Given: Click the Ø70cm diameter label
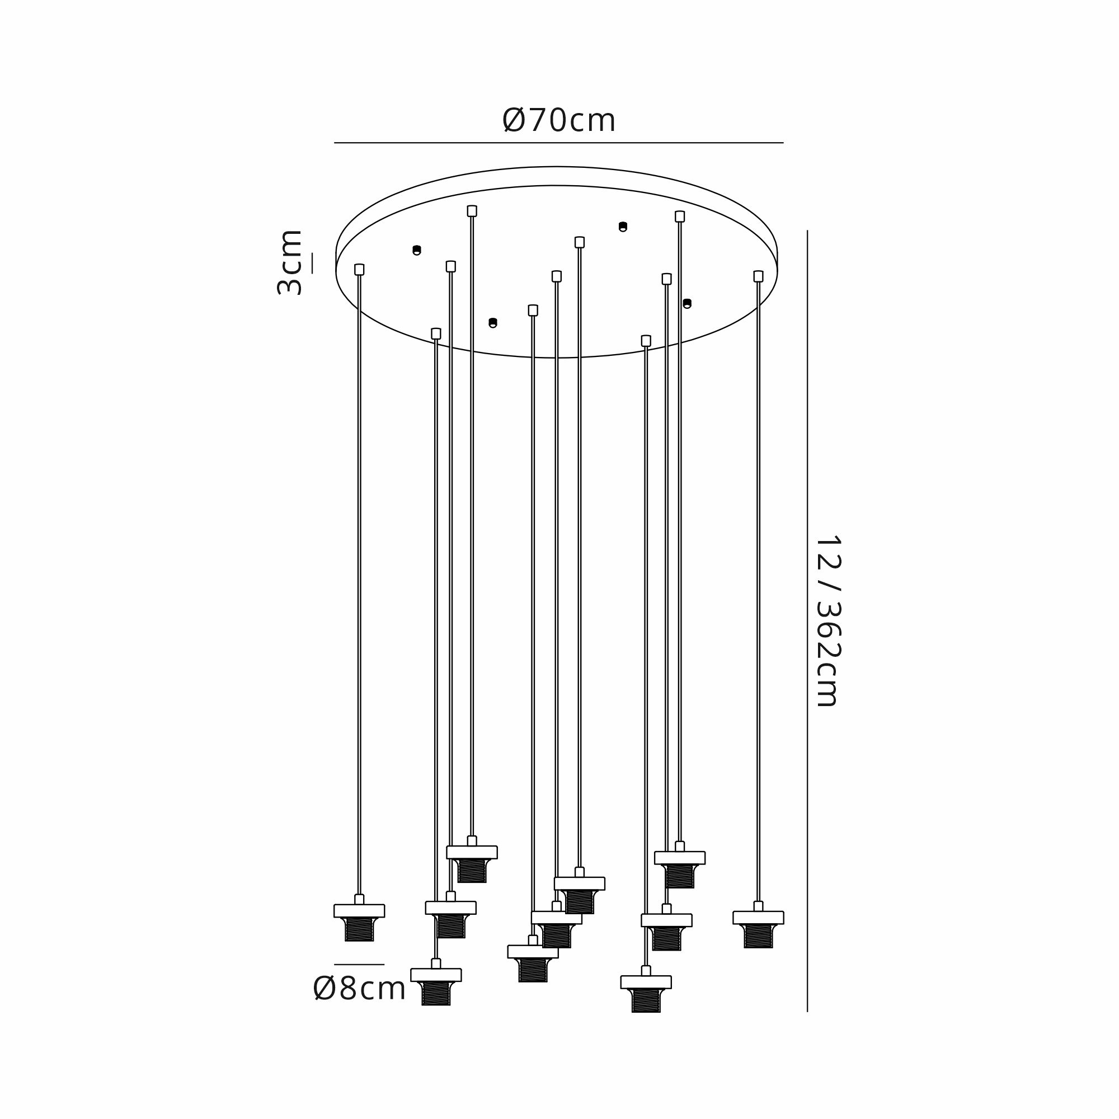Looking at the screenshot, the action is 559,120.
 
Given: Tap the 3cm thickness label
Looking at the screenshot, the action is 290,262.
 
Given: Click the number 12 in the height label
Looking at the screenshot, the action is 828,550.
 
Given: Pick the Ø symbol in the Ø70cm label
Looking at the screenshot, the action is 514,120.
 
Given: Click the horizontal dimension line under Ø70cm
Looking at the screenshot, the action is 559,143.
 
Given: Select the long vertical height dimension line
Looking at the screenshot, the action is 807,620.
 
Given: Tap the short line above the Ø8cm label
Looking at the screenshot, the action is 359,965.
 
